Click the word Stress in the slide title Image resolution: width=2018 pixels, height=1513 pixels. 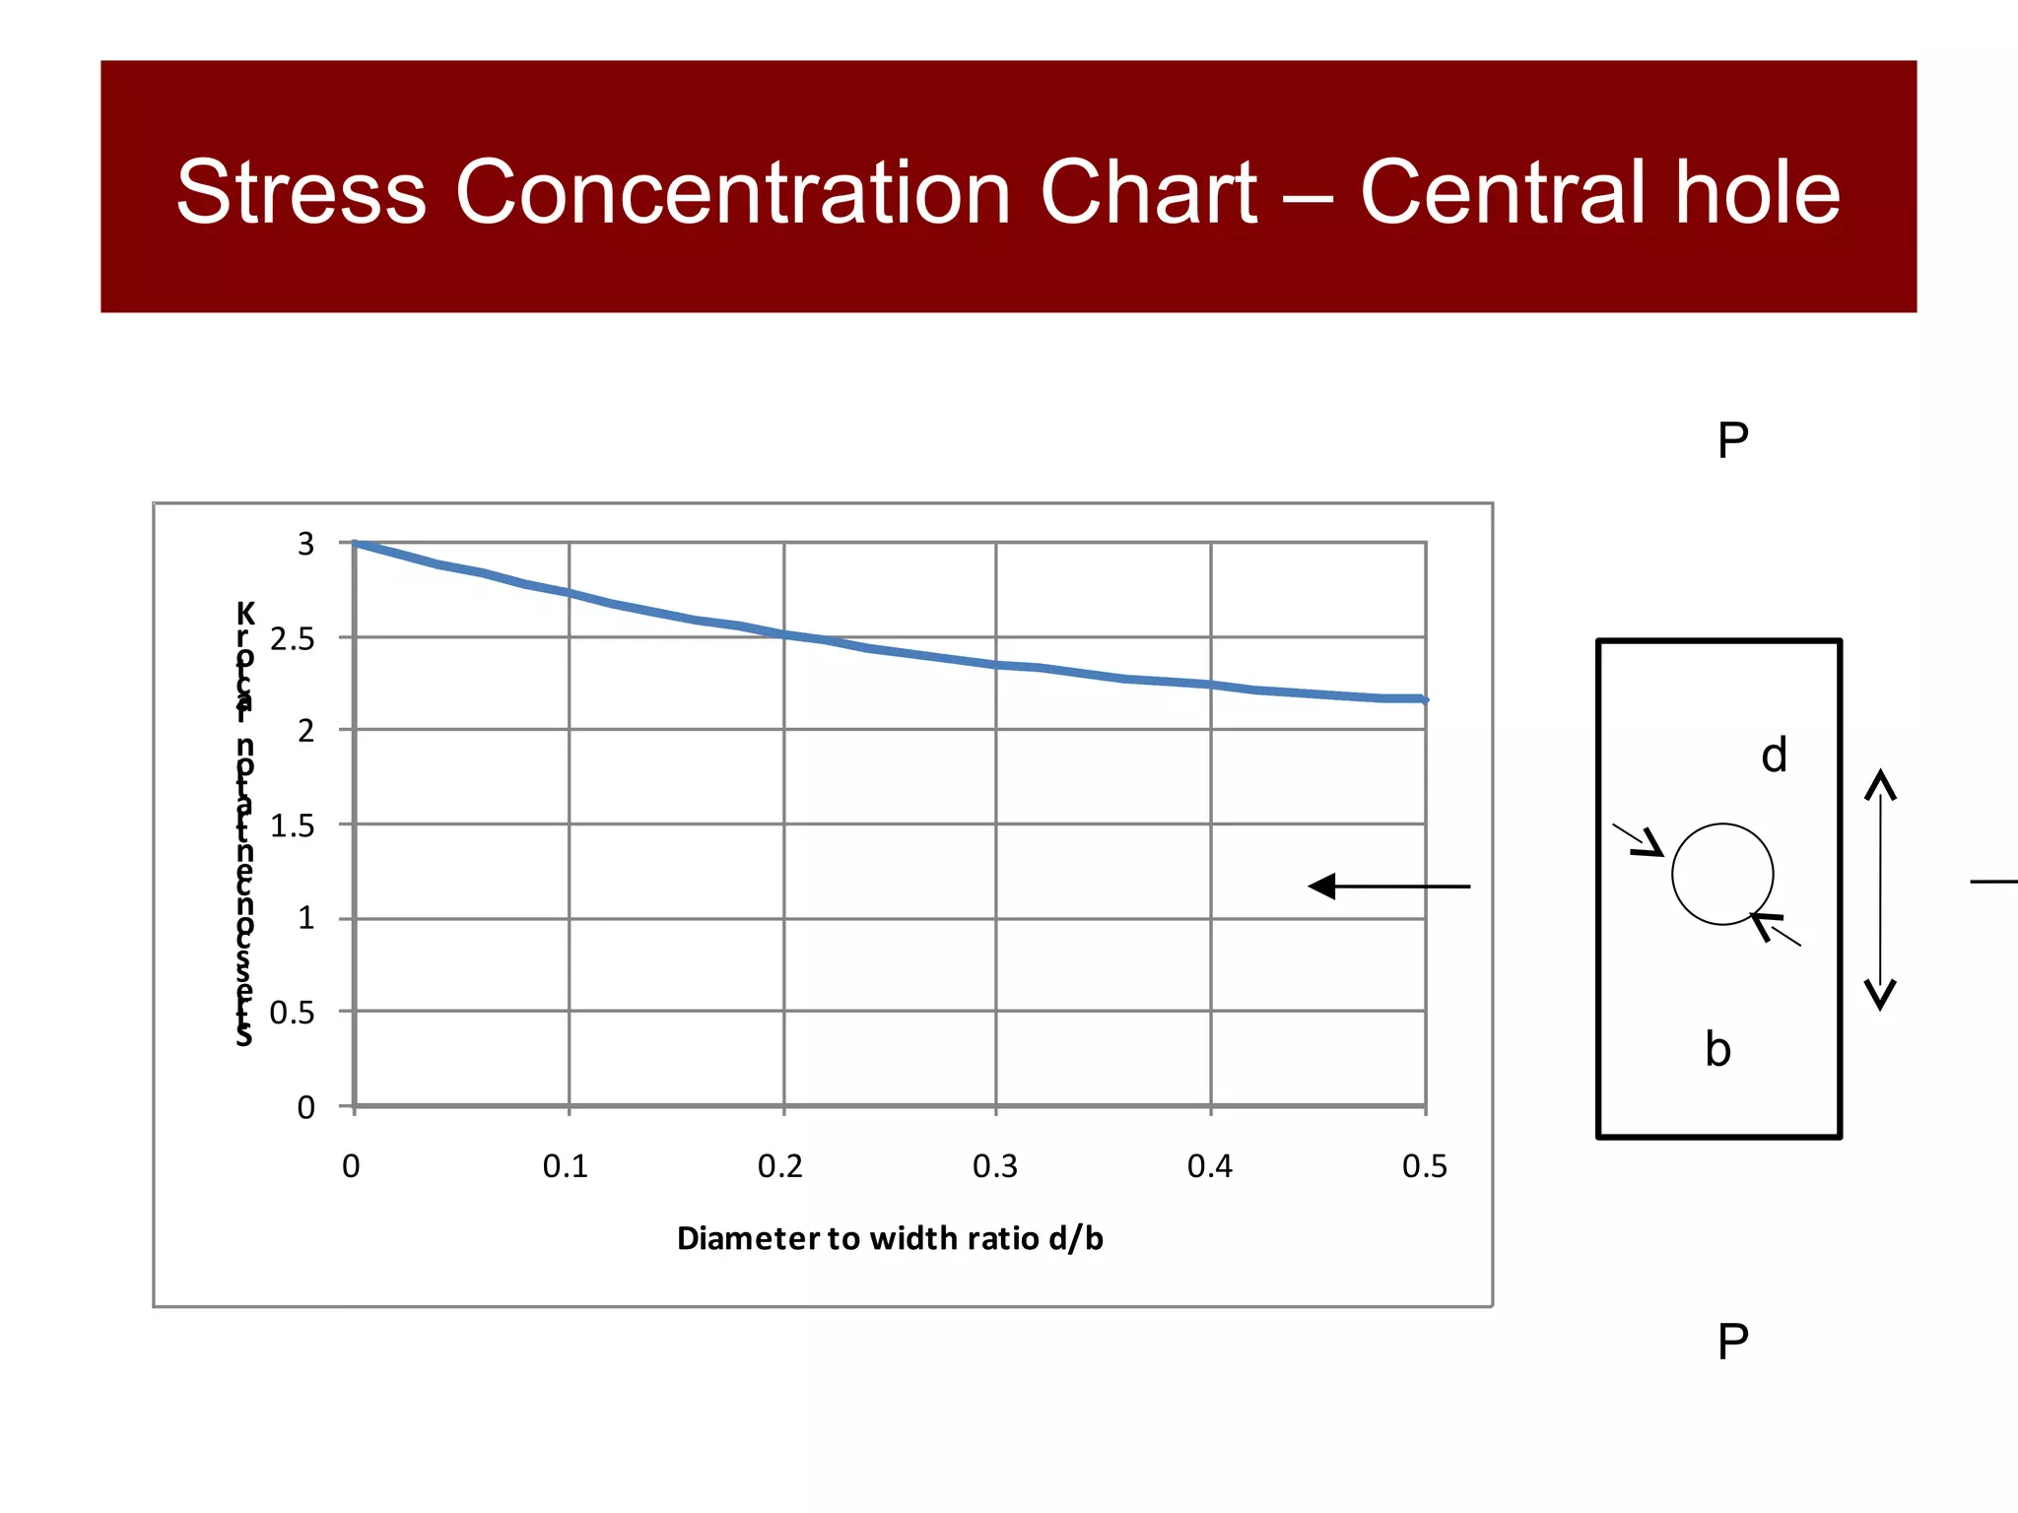301,192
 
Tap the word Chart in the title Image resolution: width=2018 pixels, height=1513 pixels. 1148,192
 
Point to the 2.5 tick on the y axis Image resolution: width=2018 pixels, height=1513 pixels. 293,640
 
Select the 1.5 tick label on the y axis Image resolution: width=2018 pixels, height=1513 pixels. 293,826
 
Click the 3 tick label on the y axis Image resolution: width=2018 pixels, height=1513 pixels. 306,544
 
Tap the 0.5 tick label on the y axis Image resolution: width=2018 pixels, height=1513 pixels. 293,1013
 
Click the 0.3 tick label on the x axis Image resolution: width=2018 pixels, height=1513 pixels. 995,1167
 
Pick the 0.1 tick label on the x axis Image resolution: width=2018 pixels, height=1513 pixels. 566,1167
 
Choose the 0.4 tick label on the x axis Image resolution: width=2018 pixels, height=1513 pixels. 1210,1167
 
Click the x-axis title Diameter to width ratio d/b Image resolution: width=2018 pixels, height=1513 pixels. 890,1238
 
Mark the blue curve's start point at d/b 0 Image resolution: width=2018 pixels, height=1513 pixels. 355,543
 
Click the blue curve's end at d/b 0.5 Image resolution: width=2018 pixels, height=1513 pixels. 1424,699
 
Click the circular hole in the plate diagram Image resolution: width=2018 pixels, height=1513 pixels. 1722,874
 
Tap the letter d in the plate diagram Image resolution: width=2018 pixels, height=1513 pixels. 1774,756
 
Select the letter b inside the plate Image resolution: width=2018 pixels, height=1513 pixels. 1717,1050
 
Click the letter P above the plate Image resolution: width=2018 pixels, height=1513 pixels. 1732,440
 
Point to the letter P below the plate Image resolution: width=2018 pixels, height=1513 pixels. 1732,1342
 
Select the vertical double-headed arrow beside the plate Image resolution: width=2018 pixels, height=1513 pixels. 1881,889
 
